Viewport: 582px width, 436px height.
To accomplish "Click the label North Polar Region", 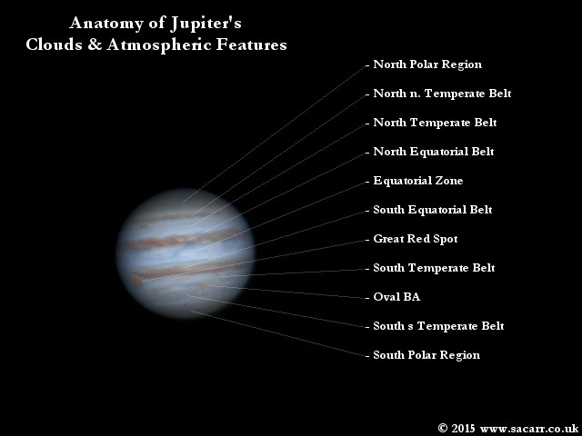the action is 427,64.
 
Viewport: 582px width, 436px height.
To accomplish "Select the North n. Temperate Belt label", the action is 442,94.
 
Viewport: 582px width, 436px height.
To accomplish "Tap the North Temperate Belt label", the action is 435,123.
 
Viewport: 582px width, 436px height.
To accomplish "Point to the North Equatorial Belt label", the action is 434,152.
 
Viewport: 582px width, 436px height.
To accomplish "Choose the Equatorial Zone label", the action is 418,181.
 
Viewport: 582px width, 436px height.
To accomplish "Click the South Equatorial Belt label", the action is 433,210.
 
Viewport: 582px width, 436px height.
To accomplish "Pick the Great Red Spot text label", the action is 415,239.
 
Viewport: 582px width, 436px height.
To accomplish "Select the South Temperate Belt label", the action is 434,268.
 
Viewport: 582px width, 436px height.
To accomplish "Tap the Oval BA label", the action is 396,297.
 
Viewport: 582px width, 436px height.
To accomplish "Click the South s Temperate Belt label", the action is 438,326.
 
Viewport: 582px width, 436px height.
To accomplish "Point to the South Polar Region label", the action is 426,355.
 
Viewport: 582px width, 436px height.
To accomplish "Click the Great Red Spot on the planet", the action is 137,282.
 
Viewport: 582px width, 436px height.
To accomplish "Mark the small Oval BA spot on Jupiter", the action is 205,286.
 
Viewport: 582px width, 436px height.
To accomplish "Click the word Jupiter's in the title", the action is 206,24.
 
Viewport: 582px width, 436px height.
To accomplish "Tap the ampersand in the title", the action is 95,45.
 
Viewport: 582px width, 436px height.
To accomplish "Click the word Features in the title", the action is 251,45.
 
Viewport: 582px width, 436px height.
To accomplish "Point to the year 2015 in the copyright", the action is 463,428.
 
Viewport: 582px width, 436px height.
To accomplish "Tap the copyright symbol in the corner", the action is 443,428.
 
